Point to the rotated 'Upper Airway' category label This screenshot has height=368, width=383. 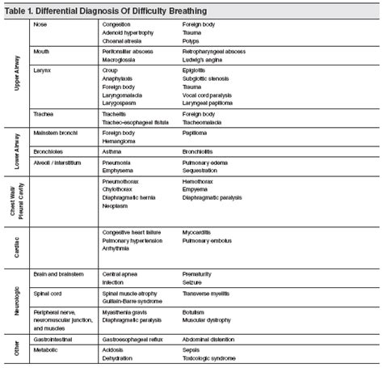pyautogui.click(x=18, y=73)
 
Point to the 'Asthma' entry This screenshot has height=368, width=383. pyautogui.click(x=112, y=150)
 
